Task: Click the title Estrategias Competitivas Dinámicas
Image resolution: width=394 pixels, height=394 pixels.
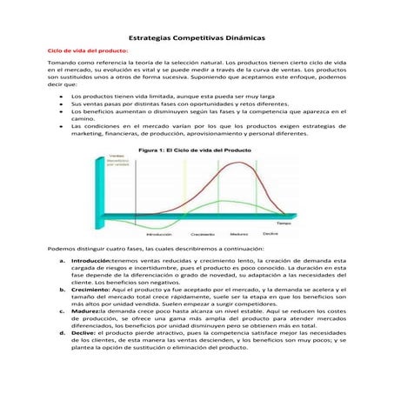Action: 196,38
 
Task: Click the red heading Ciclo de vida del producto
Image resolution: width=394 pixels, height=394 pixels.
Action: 88,52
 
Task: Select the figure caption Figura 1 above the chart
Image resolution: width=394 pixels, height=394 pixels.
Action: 195,150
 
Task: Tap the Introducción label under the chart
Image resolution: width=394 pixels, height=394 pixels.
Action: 158,234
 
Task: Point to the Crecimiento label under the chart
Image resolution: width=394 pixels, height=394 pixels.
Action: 203,234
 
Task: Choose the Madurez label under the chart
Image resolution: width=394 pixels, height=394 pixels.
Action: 238,234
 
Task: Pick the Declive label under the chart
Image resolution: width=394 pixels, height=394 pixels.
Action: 270,234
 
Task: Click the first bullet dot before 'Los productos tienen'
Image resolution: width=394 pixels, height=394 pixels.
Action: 60,95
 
